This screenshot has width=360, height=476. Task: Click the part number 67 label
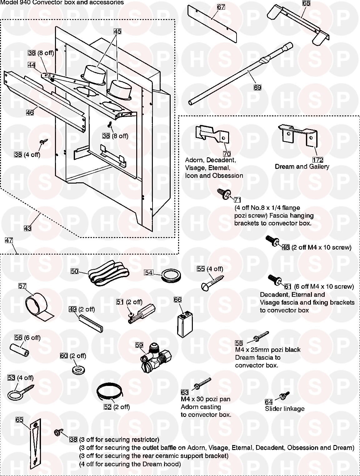tap(221, 7)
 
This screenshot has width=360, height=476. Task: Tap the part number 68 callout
tap(306, 3)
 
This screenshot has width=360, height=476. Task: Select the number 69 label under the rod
tap(257, 88)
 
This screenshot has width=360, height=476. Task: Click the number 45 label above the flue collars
tap(117, 31)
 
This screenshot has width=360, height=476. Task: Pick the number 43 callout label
tap(27, 228)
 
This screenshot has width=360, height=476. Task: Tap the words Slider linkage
tap(284, 409)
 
